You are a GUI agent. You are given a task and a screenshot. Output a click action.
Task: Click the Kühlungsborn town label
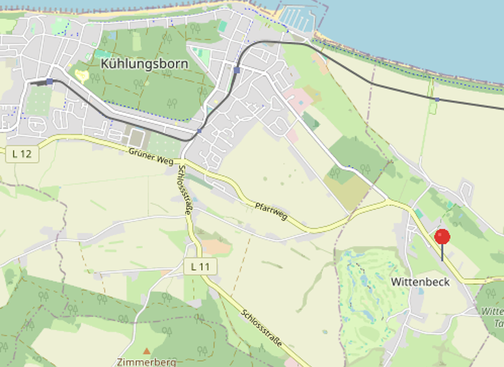[x=144, y=64]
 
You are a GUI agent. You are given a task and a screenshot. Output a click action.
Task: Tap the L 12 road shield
[x=22, y=155]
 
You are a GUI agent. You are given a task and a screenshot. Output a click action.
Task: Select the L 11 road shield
[x=200, y=267]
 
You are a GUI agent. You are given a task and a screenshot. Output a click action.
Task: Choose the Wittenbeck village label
[x=420, y=282]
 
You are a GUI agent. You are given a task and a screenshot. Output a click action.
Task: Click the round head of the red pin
[x=442, y=237]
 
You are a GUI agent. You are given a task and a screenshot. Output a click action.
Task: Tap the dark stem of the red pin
[x=442, y=253]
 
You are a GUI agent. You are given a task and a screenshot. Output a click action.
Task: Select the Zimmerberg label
[x=146, y=362]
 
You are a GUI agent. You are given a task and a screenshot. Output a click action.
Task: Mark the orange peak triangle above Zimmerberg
[x=146, y=351]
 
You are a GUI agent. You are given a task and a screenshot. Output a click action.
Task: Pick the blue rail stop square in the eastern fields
[x=436, y=100]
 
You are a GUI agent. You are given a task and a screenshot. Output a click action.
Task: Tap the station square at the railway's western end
[x=49, y=81]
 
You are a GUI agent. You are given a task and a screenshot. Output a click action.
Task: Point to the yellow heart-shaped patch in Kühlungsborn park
[x=81, y=75]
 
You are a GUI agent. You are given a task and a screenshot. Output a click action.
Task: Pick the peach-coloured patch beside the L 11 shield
[x=216, y=246]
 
